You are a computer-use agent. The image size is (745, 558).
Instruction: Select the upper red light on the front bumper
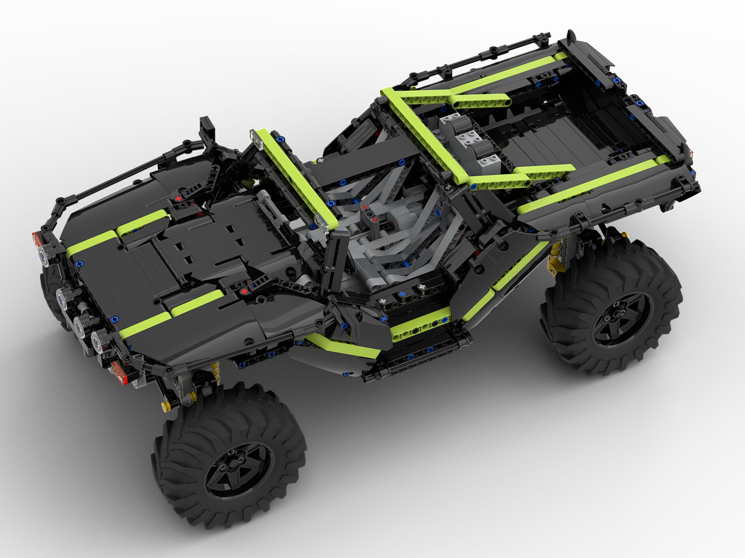click(36, 238)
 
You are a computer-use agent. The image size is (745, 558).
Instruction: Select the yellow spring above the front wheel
click(217, 372)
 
